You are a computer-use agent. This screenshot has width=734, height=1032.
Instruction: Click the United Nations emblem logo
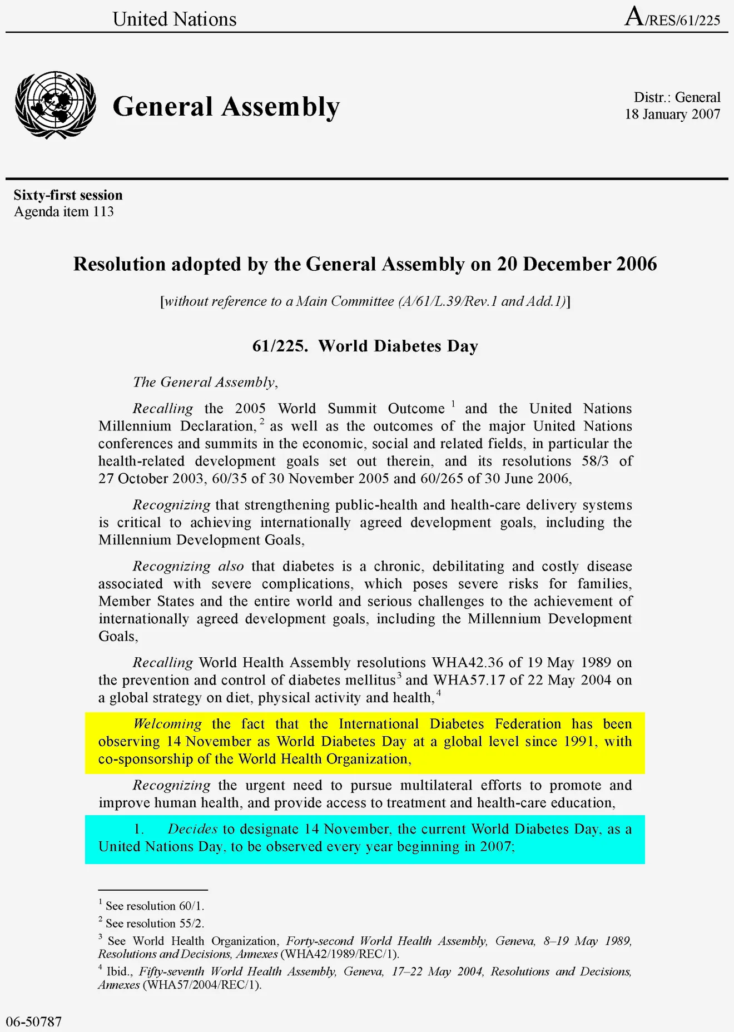[56, 105]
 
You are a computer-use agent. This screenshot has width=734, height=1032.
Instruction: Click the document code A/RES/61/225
[672, 18]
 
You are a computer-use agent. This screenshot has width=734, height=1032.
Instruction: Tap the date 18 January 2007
[672, 115]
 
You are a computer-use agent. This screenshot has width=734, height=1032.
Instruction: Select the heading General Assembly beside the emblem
[226, 106]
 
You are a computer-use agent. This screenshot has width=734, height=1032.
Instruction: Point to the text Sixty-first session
[68, 195]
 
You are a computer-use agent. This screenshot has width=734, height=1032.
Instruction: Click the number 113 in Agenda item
[103, 212]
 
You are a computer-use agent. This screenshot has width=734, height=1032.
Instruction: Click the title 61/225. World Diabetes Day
[365, 346]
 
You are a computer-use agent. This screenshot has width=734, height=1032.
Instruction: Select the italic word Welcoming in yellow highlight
[167, 724]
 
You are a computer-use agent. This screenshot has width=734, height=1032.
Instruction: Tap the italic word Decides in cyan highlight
[192, 829]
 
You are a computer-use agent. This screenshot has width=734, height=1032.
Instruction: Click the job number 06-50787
[34, 1021]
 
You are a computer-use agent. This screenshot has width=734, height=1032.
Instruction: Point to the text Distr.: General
[677, 97]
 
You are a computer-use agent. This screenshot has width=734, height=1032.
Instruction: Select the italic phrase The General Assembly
[204, 383]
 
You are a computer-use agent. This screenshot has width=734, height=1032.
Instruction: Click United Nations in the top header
[175, 19]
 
